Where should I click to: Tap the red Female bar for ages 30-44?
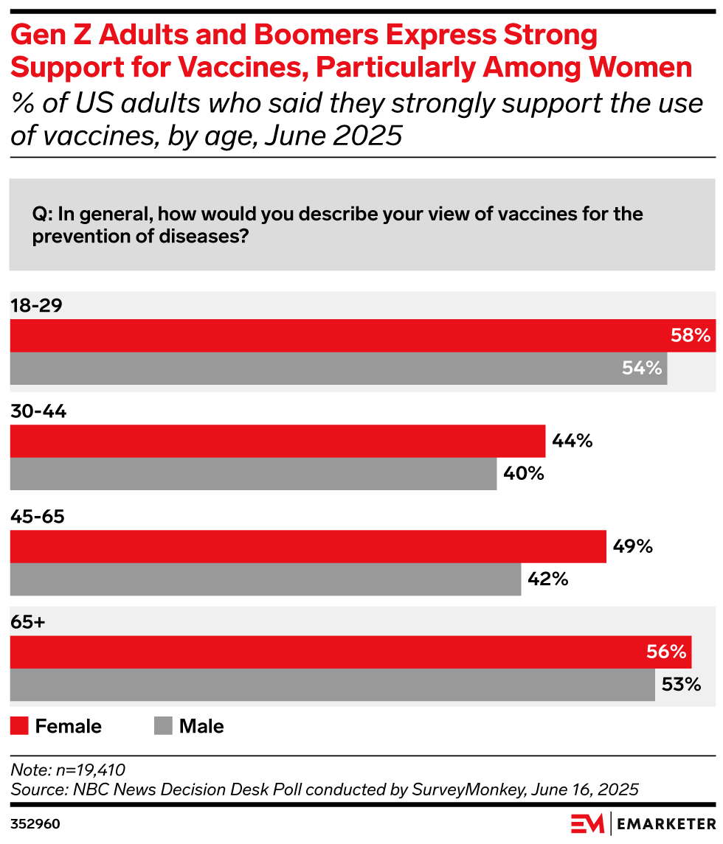277,441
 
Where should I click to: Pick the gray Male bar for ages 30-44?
253,473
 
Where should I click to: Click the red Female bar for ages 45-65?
308,546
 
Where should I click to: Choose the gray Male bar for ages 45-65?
266,579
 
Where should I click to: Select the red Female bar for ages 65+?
350,652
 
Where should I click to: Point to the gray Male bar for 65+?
332,685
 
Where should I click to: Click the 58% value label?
691,335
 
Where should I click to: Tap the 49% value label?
632,546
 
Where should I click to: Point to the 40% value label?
523,473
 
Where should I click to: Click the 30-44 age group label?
38,412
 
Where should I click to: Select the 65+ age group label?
28,623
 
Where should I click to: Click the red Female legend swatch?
18,726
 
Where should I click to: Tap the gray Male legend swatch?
162,726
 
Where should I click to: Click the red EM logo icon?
588,823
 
